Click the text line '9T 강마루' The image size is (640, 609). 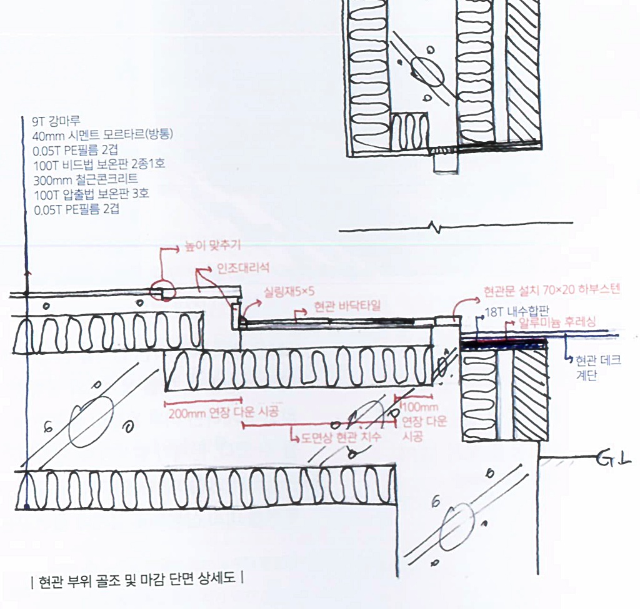coord(56,121)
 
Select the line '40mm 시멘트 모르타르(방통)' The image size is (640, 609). coord(102,135)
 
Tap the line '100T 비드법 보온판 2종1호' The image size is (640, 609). coord(99,164)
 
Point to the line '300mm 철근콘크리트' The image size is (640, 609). coord(86,179)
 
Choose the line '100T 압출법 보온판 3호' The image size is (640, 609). coord(91,194)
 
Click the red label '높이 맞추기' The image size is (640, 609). coord(212,245)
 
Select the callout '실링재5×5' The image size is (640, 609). coord(289,292)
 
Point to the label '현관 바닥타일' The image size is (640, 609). coord(347,306)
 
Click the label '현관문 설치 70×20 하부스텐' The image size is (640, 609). coord(552,290)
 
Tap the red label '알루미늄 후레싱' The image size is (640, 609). coord(557,322)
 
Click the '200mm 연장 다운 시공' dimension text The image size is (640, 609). coord(224,412)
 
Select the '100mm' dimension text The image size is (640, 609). coord(421,407)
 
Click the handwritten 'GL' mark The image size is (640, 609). coord(614,459)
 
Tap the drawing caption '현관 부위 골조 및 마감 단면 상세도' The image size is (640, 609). coord(137,579)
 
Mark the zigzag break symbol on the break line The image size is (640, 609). coord(436,227)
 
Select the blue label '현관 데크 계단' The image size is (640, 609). coord(598,367)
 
